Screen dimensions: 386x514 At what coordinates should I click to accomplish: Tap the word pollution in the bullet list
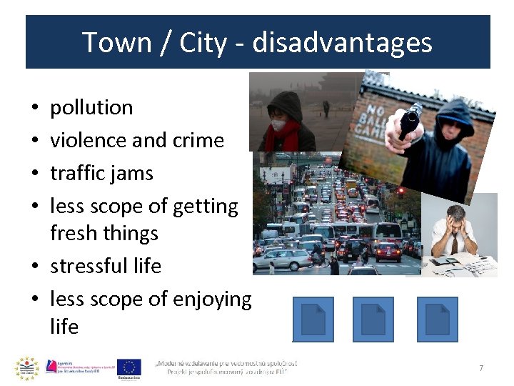point(91,108)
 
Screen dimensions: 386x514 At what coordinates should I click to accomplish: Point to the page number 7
point(481,368)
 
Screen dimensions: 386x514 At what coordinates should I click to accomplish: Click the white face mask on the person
point(278,125)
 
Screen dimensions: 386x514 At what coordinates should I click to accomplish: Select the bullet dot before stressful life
point(36,267)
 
